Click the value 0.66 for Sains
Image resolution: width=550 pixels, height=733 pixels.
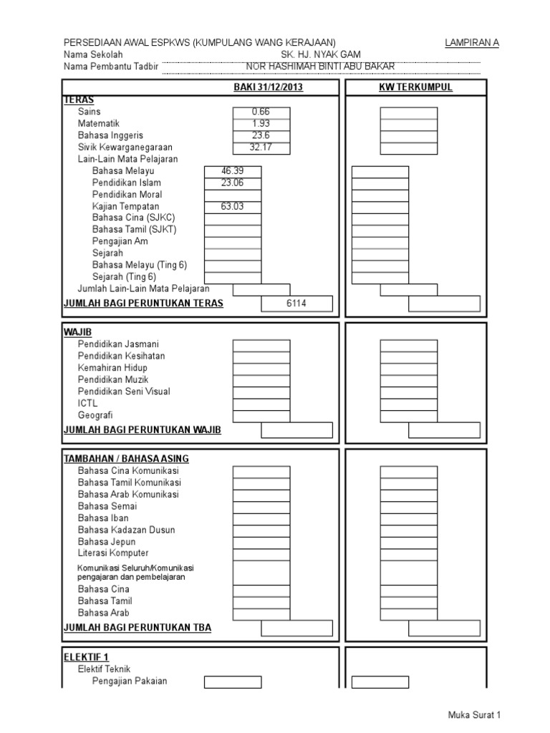coord(261,112)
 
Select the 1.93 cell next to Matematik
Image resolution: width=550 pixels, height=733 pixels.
coord(261,124)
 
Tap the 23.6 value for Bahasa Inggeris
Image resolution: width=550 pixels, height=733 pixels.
coord(261,136)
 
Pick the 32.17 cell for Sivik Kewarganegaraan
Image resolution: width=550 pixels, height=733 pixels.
coord(261,148)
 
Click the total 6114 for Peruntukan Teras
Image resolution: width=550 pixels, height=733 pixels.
coord(296,304)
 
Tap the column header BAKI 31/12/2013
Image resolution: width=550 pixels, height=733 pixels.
coord(269,87)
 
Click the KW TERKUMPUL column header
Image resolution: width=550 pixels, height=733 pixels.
coord(415,87)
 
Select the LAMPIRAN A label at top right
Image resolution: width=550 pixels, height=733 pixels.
coord(472,43)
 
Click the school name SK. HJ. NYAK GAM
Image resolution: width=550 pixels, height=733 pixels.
coord(321,55)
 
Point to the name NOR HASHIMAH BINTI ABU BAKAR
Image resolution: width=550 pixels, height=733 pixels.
coord(320,67)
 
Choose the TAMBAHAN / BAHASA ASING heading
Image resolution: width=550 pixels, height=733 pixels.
coord(126,459)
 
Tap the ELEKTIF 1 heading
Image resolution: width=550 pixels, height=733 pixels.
coord(87,656)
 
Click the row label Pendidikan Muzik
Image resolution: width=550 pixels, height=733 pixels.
coord(113,379)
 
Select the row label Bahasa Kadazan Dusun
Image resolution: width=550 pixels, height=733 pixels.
coord(126,530)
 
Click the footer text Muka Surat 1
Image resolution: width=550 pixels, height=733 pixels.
coord(474,715)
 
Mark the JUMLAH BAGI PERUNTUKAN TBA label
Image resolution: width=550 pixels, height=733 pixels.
coord(137,628)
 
